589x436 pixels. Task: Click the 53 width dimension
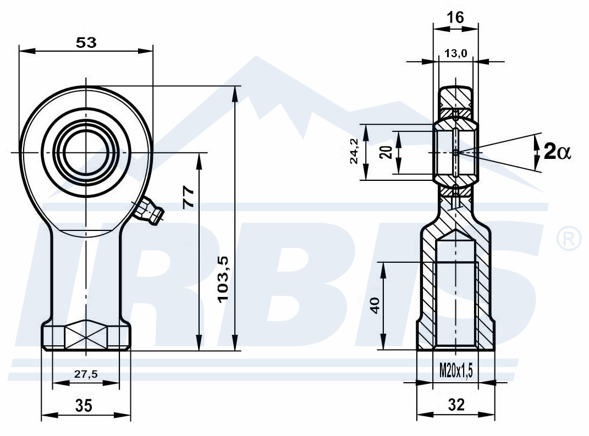tap(86, 42)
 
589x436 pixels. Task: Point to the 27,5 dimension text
tap(86, 374)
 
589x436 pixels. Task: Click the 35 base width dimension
tap(84, 406)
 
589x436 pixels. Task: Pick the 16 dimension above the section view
tap(456, 17)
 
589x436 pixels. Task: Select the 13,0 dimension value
tap(456, 53)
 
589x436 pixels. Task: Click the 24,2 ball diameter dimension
tap(354, 151)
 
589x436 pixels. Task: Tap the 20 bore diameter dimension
tap(387, 152)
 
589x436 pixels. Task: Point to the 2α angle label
tap(557, 152)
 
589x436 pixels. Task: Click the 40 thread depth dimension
tap(375, 306)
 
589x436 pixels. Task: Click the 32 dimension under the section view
tap(456, 405)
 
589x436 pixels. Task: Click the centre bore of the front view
tap(86, 152)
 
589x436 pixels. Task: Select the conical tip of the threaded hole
tap(455, 236)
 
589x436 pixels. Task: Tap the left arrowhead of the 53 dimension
tap(26, 51)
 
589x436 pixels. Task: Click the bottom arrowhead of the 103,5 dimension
tap(235, 343)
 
